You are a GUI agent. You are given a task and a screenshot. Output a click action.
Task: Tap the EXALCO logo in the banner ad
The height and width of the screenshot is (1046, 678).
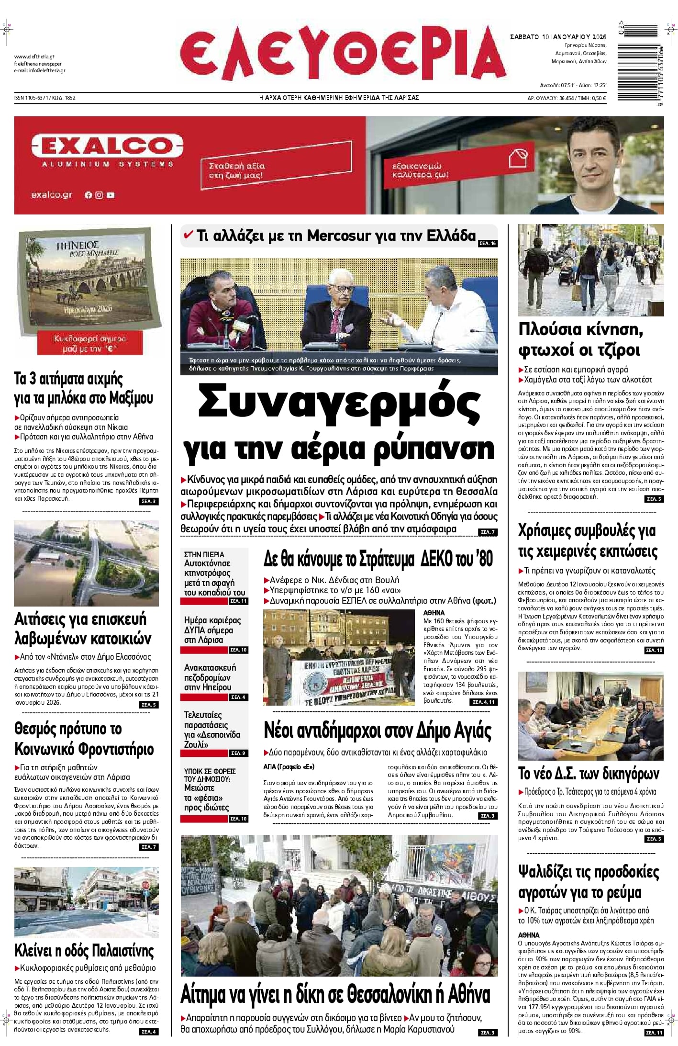(x=107, y=146)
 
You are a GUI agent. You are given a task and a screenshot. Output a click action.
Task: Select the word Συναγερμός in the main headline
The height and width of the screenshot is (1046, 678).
(x=339, y=402)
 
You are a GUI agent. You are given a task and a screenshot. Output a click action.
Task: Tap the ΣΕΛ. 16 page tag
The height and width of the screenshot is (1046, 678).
(x=488, y=244)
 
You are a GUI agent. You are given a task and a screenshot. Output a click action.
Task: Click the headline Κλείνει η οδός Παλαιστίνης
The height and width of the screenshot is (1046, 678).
(x=84, y=950)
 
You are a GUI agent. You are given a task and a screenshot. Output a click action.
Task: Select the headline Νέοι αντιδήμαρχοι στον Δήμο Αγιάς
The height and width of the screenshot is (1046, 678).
(x=378, y=731)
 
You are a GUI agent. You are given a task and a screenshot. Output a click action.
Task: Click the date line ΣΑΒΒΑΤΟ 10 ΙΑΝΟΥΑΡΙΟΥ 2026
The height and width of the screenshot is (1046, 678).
(x=558, y=37)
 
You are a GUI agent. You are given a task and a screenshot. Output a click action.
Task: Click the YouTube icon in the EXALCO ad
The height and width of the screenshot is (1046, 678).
(x=111, y=195)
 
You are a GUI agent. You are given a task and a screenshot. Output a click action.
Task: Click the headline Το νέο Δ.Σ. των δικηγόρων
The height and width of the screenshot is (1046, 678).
(x=589, y=774)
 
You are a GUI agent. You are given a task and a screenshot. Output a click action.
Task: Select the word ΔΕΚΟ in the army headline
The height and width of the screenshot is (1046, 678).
(x=442, y=559)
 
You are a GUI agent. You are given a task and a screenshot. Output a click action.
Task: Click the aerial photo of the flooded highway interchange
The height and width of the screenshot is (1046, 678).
(x=86, y=563)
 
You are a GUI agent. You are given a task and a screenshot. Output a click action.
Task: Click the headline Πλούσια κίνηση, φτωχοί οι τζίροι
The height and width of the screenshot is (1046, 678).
(x=581, y=339)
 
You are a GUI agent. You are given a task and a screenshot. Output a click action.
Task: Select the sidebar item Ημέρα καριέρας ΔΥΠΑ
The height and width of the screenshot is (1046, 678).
(x=213, y=630)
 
